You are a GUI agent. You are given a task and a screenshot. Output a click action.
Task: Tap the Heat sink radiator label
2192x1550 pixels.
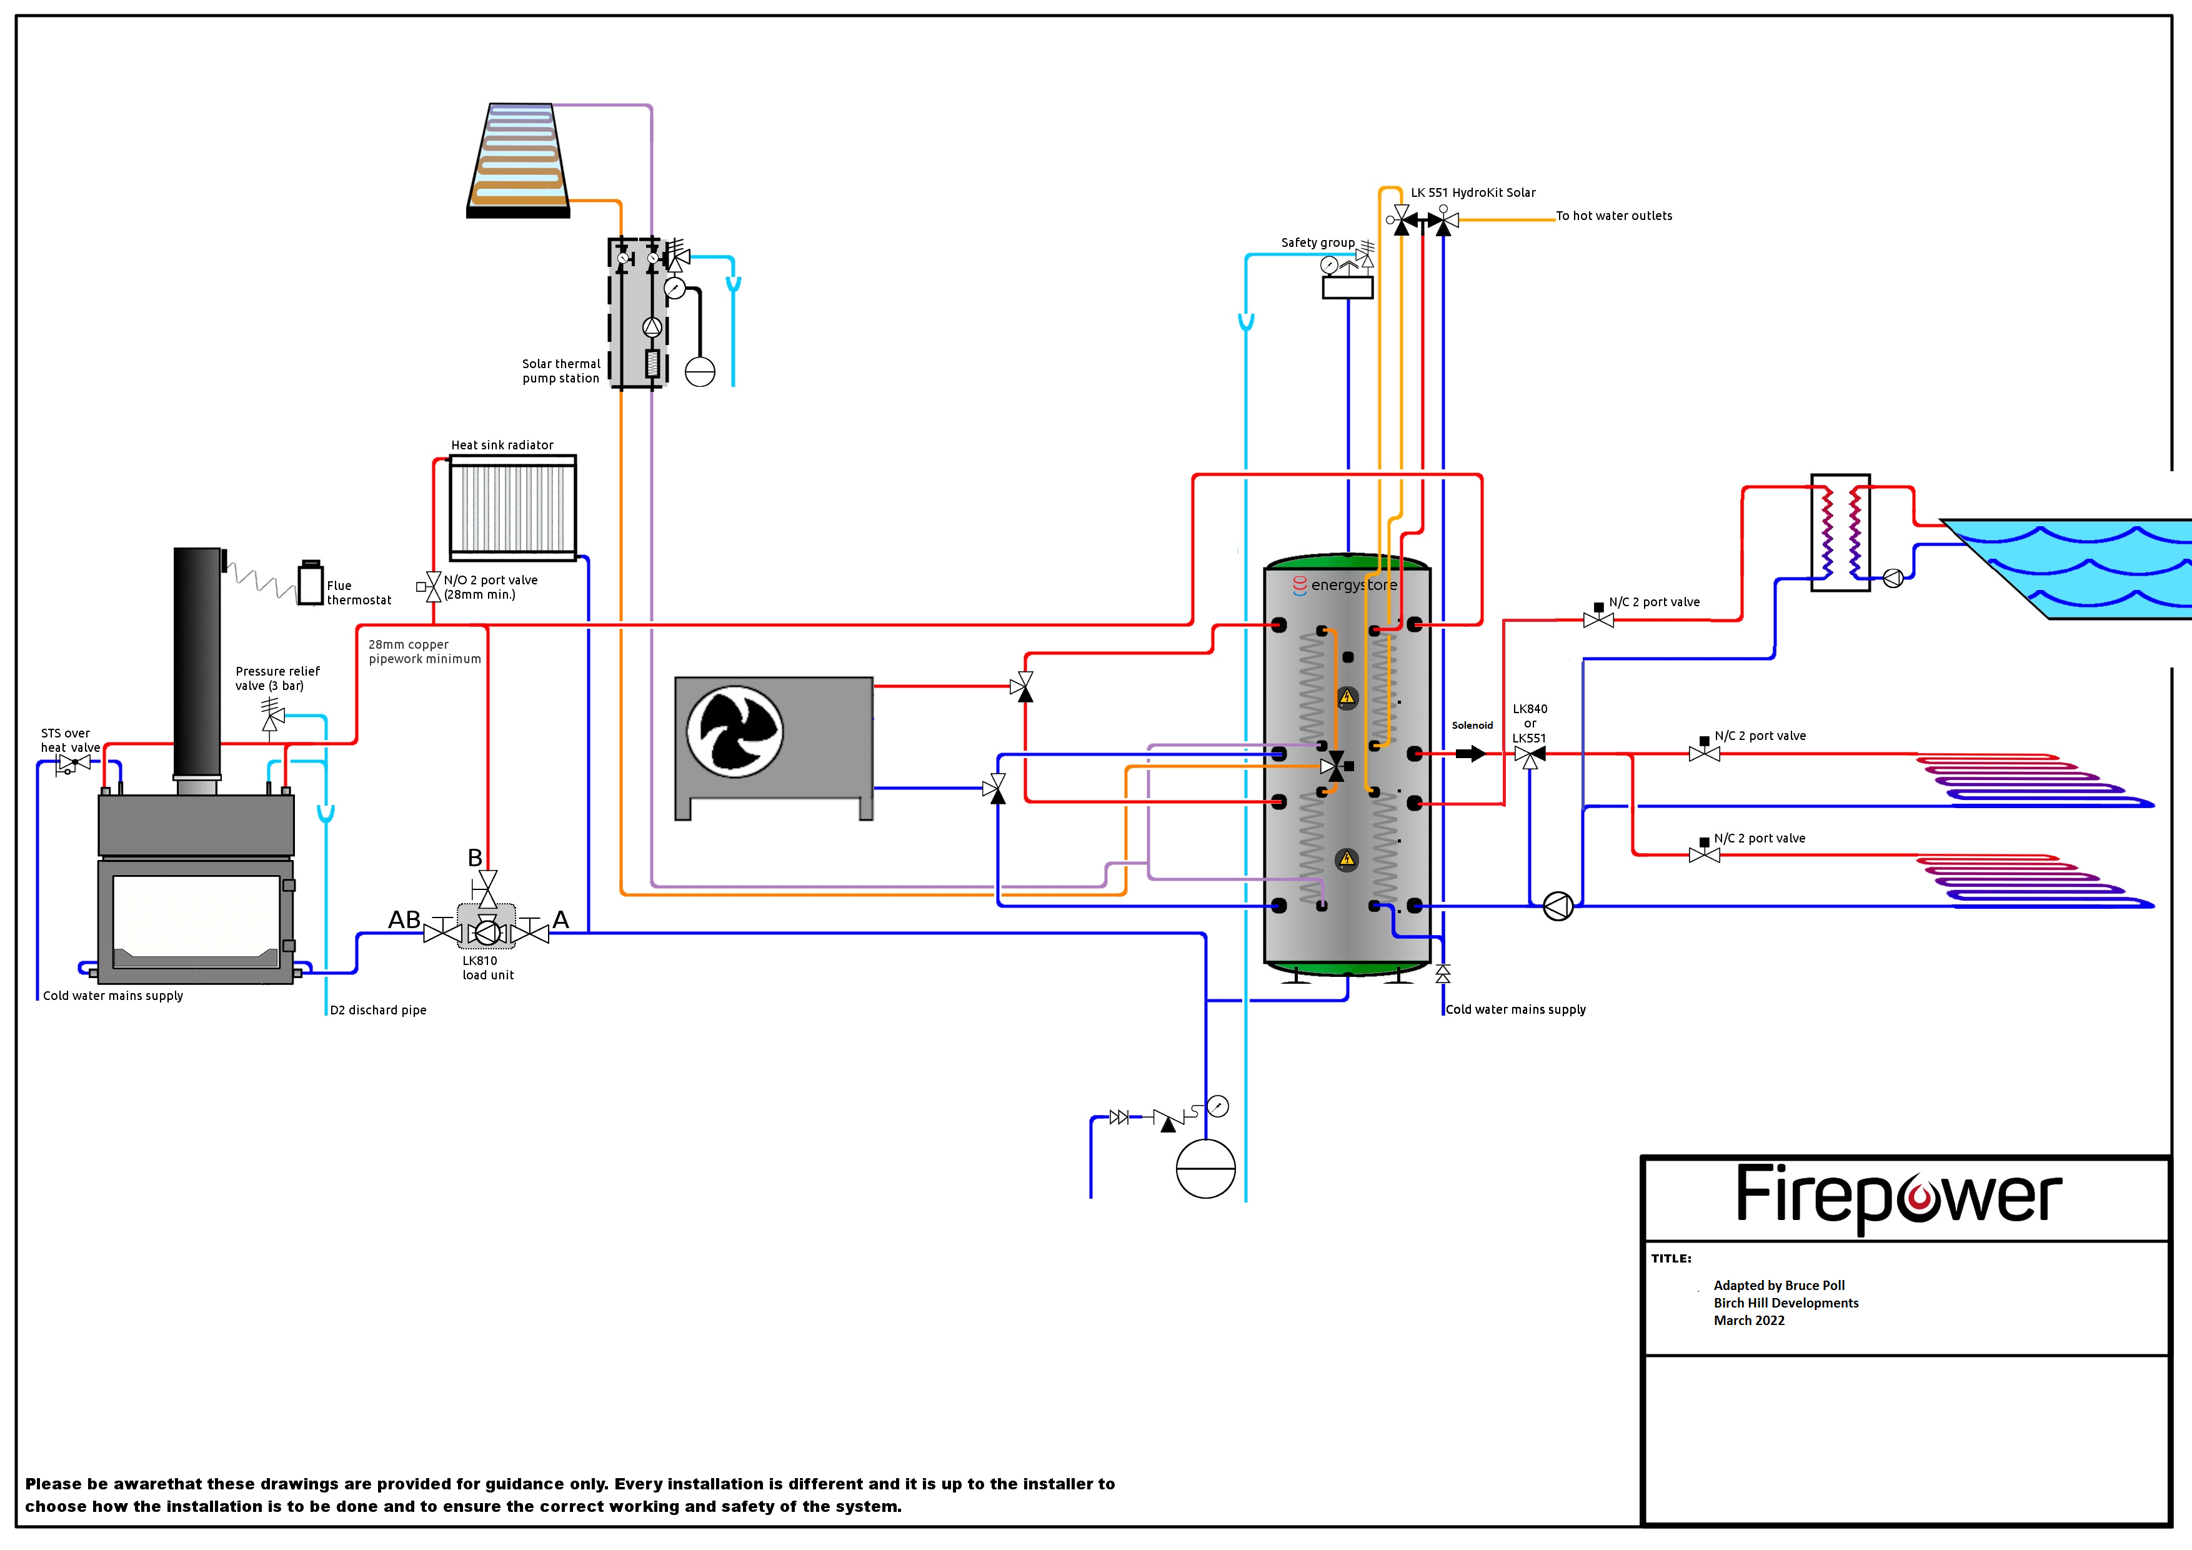[502, 445]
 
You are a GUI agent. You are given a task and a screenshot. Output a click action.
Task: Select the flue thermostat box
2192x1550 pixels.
[311, 582]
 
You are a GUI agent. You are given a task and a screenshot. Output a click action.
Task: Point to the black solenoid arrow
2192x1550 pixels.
[1470, 754]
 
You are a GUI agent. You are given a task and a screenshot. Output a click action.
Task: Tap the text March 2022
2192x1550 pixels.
[1748, 1320]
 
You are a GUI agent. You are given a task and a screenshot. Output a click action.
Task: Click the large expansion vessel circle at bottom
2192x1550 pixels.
[1206, 1168]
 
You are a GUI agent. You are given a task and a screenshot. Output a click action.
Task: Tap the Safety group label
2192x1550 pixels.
[1317, 242]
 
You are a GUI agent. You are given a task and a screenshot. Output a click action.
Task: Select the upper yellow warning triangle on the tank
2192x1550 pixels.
[1347, 697]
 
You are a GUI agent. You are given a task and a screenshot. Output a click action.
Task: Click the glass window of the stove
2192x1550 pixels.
[196, 915]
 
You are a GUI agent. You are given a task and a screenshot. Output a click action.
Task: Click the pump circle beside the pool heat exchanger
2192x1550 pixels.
[1892, 577]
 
